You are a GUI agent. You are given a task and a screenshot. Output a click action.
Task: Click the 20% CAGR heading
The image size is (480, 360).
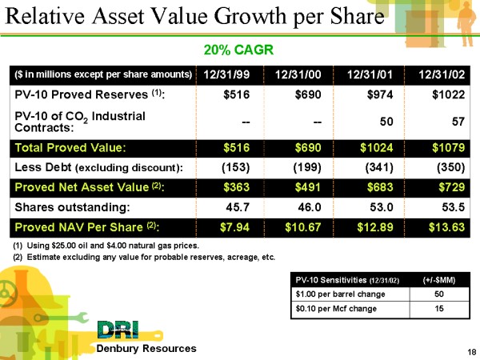click(238, 50)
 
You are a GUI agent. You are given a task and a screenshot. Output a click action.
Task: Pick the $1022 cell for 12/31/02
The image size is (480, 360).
click(445, 96)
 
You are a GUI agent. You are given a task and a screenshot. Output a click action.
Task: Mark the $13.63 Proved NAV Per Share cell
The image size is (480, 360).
click(442, 227)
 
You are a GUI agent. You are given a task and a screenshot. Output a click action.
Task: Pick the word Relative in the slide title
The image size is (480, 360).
click(55, 18)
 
